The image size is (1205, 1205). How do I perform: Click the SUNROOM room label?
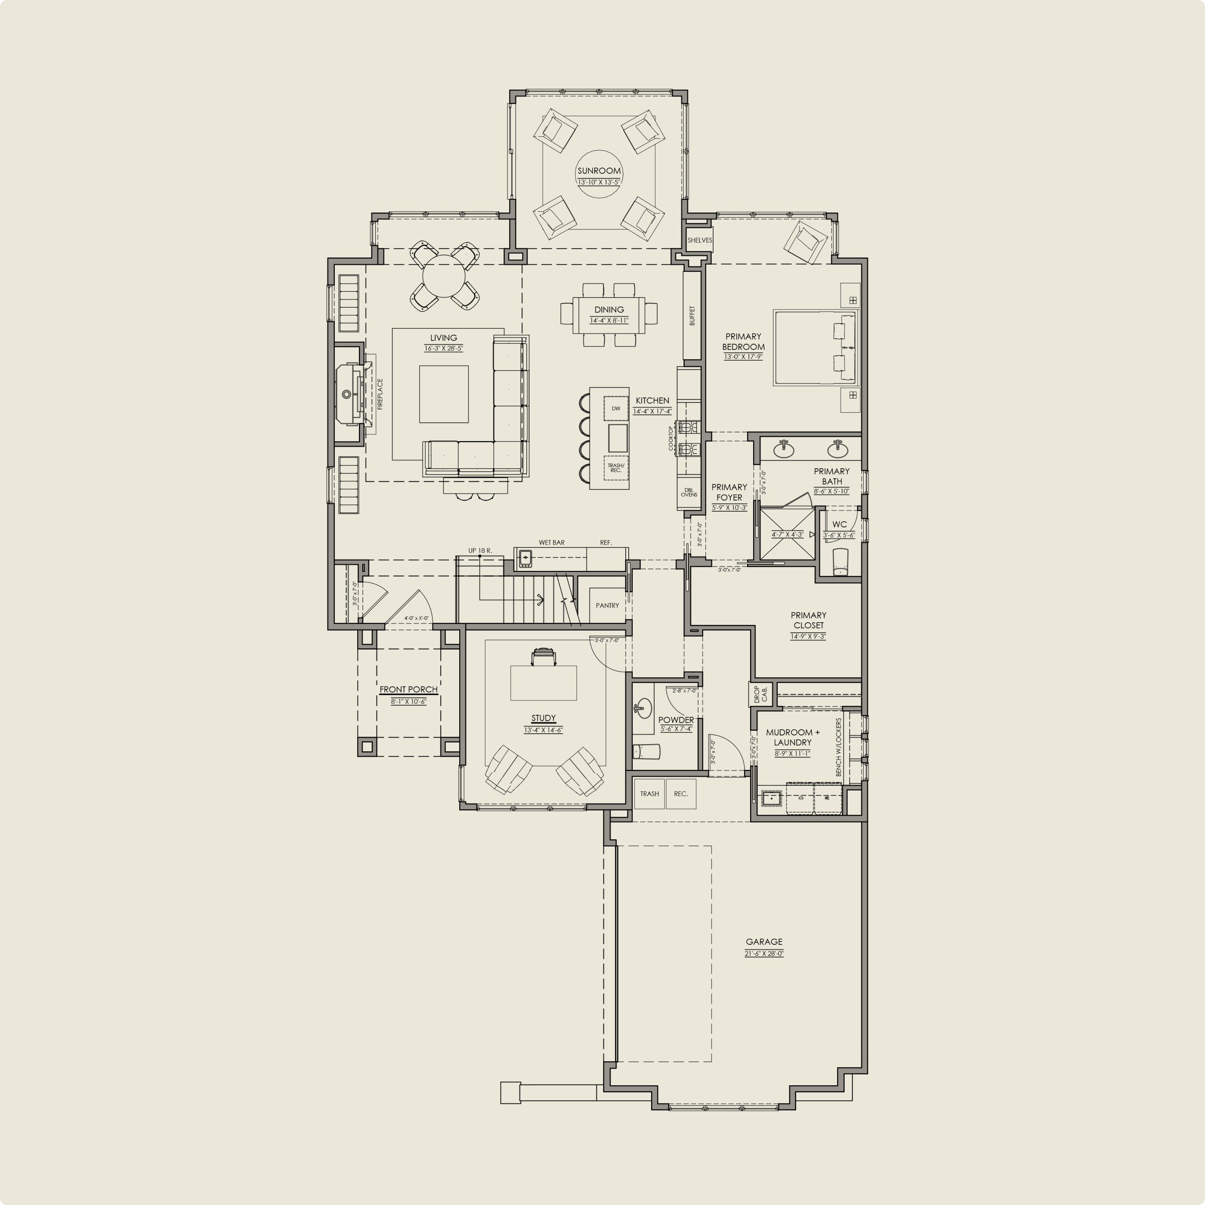tap(599, 171)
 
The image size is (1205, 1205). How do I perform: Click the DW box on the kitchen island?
tap(615, 408)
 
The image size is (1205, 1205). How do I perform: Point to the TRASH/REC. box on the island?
tap(615, 468)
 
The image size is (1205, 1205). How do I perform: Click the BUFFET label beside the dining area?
tap(692, 315)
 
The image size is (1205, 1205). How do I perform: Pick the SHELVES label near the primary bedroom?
tap(699, 240)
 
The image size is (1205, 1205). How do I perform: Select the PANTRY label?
tap(607, 606)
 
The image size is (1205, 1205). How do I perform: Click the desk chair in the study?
tap(543, 657)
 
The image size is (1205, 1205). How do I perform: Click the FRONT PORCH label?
tap(408, 689)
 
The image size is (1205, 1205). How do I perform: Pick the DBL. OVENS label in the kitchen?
tap(689, 492)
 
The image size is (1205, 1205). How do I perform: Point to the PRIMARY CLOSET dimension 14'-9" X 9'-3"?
tap(808, 636)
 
